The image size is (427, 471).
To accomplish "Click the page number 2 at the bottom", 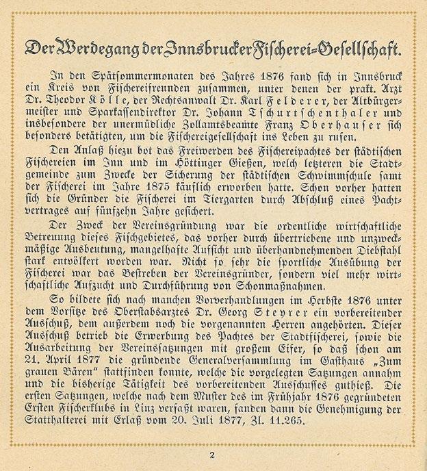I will (213, 454).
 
